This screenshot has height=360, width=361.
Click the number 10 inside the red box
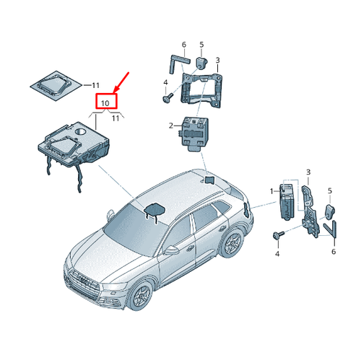tap(105, 103)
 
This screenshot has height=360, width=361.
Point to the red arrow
tap(121, 82)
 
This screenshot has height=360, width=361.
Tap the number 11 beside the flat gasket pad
tap(95, 85)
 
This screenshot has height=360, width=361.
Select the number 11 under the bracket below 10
tap(116, 118)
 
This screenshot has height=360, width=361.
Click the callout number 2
tap(171, 126)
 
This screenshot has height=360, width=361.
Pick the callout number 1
tap(271, 191)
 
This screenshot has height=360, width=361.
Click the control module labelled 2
tap(195, 133)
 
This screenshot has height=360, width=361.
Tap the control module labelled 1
tap(286, 202)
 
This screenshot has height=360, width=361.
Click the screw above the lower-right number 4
tap(279, 235)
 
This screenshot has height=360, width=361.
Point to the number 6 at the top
tap(184, 45)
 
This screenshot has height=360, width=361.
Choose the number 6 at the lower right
tap(334, 252)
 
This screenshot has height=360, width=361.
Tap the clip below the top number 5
tap(201, 63)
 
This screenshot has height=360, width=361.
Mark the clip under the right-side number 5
tap(330, 211)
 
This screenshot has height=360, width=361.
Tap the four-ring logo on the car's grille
tap(84, 280)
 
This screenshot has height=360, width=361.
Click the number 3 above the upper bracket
tap(217, 60)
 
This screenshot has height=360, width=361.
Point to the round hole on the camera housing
tap(81, 131)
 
